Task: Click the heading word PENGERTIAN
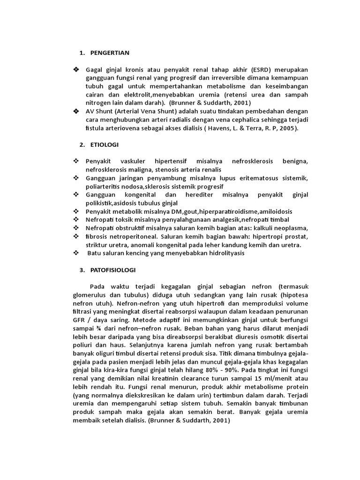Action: point(110,53)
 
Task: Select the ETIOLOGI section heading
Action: point(105,144)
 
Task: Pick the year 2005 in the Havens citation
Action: point(286,128)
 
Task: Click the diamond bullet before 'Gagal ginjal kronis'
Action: point(76,69)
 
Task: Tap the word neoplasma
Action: point(291,228)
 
